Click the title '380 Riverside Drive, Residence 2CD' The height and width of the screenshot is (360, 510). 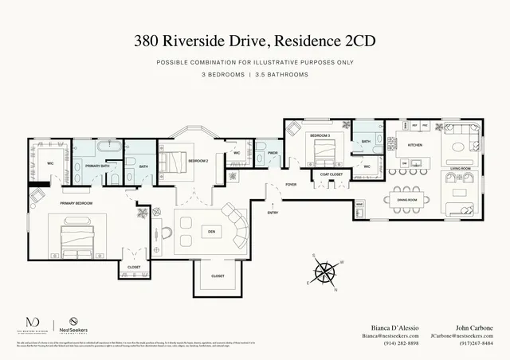pos(255,39)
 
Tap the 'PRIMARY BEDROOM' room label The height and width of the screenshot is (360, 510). pos(76,204)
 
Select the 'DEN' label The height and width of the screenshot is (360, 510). pos(211,231)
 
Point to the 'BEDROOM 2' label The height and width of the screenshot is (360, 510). pos(198,161)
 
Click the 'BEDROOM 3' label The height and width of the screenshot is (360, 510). pos(320,136)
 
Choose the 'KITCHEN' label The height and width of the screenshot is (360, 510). pos(415,145)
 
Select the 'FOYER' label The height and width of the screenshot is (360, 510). pos(291,184)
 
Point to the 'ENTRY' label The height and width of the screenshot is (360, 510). pos(273,213)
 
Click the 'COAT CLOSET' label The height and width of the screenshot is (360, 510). pos(331,174)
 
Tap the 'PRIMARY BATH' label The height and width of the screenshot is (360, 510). pos(97,166)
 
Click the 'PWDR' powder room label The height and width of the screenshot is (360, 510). pos(272,152)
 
